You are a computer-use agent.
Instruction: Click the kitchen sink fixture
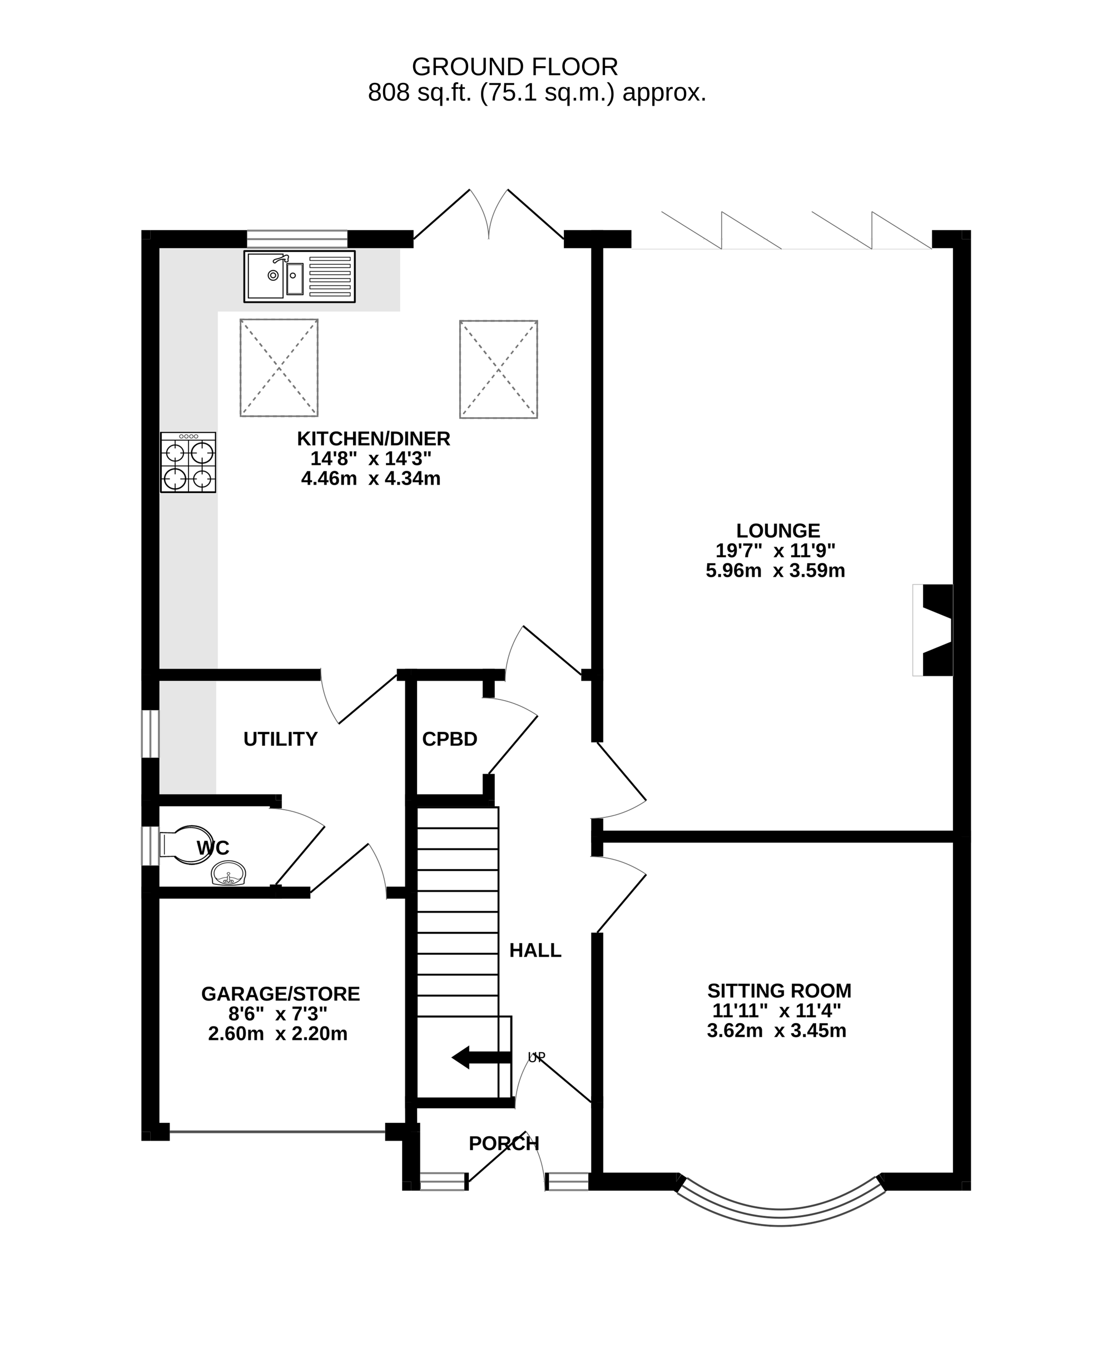pos(299,276)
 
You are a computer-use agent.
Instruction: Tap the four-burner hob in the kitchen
pos(188,462)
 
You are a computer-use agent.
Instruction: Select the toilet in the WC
pos(177,845)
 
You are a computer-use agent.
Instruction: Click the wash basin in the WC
pos(229,873)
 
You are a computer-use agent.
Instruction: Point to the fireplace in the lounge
pos(932,630)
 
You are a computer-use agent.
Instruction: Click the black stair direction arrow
pos(481,1057)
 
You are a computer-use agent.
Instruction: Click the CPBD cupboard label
pos(450,739)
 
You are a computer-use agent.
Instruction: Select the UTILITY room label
pos(281,739)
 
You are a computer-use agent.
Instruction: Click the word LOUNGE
pos(778,531)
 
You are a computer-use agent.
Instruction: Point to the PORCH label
pos(504,1143)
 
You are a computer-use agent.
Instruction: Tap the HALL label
pos(535,950)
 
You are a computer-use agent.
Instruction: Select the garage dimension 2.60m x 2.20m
pos(278,1034)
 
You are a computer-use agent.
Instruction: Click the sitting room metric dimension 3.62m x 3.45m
pos(776,1030)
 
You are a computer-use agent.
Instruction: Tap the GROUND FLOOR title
pos(514,67)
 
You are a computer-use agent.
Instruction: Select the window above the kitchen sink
pos(297,239)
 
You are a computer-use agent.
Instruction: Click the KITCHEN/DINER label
pos(374,439)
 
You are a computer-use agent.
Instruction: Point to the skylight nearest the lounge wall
pos(498,369)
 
